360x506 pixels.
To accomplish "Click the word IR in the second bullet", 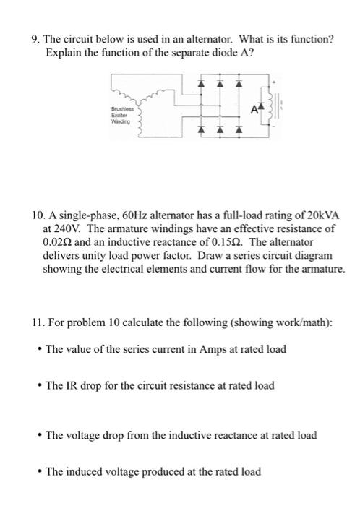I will pyautogui.click(x=70, y=385).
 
